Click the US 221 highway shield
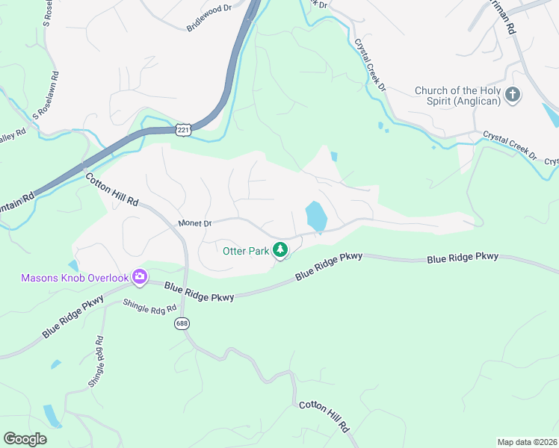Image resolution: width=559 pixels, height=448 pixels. [x=183, y=130]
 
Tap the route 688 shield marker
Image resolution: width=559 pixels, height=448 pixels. [x=182, y=323]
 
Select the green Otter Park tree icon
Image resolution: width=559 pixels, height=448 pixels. [x=280, y=250]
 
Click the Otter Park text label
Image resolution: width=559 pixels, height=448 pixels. [x=246, y=251]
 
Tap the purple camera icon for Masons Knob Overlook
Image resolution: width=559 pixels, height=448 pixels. [x=139, y=278]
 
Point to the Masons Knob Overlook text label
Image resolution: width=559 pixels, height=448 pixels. [x=74, y=279]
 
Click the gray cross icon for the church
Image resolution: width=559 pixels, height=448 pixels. [x=513, y=95]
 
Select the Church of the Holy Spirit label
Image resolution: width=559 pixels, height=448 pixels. [x=457, y=96]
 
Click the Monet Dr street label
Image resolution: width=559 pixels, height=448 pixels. [x=196, y=223]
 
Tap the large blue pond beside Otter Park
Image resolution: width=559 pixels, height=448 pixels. [x=316, y=217]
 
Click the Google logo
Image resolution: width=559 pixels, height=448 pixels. [x=25, y=439]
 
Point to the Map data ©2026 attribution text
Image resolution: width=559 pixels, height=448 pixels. [x=527, y=442]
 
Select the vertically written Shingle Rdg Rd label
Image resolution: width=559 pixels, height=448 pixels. [x=96, y=361]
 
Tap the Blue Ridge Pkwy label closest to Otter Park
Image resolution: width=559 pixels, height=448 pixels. [x=329, y=266]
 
